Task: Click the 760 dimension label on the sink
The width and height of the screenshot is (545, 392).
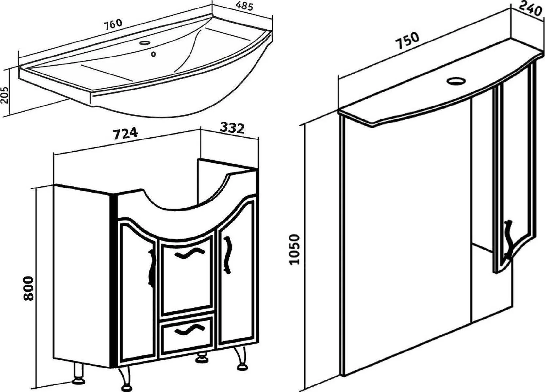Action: pyautogui.click(x=113, y=24)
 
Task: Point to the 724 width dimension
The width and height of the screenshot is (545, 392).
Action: pyautogui.click(x=125, y=134)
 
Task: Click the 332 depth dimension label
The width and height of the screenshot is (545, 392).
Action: pyautogui.click(x=232, y=128)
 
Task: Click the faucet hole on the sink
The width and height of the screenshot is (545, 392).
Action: pyautogui.click(x=144, y=43)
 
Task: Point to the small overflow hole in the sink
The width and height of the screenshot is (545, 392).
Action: pyautogui.click(x=153, y=54)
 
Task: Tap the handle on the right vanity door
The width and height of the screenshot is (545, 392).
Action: pyautogui.click(x=227, y=254)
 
